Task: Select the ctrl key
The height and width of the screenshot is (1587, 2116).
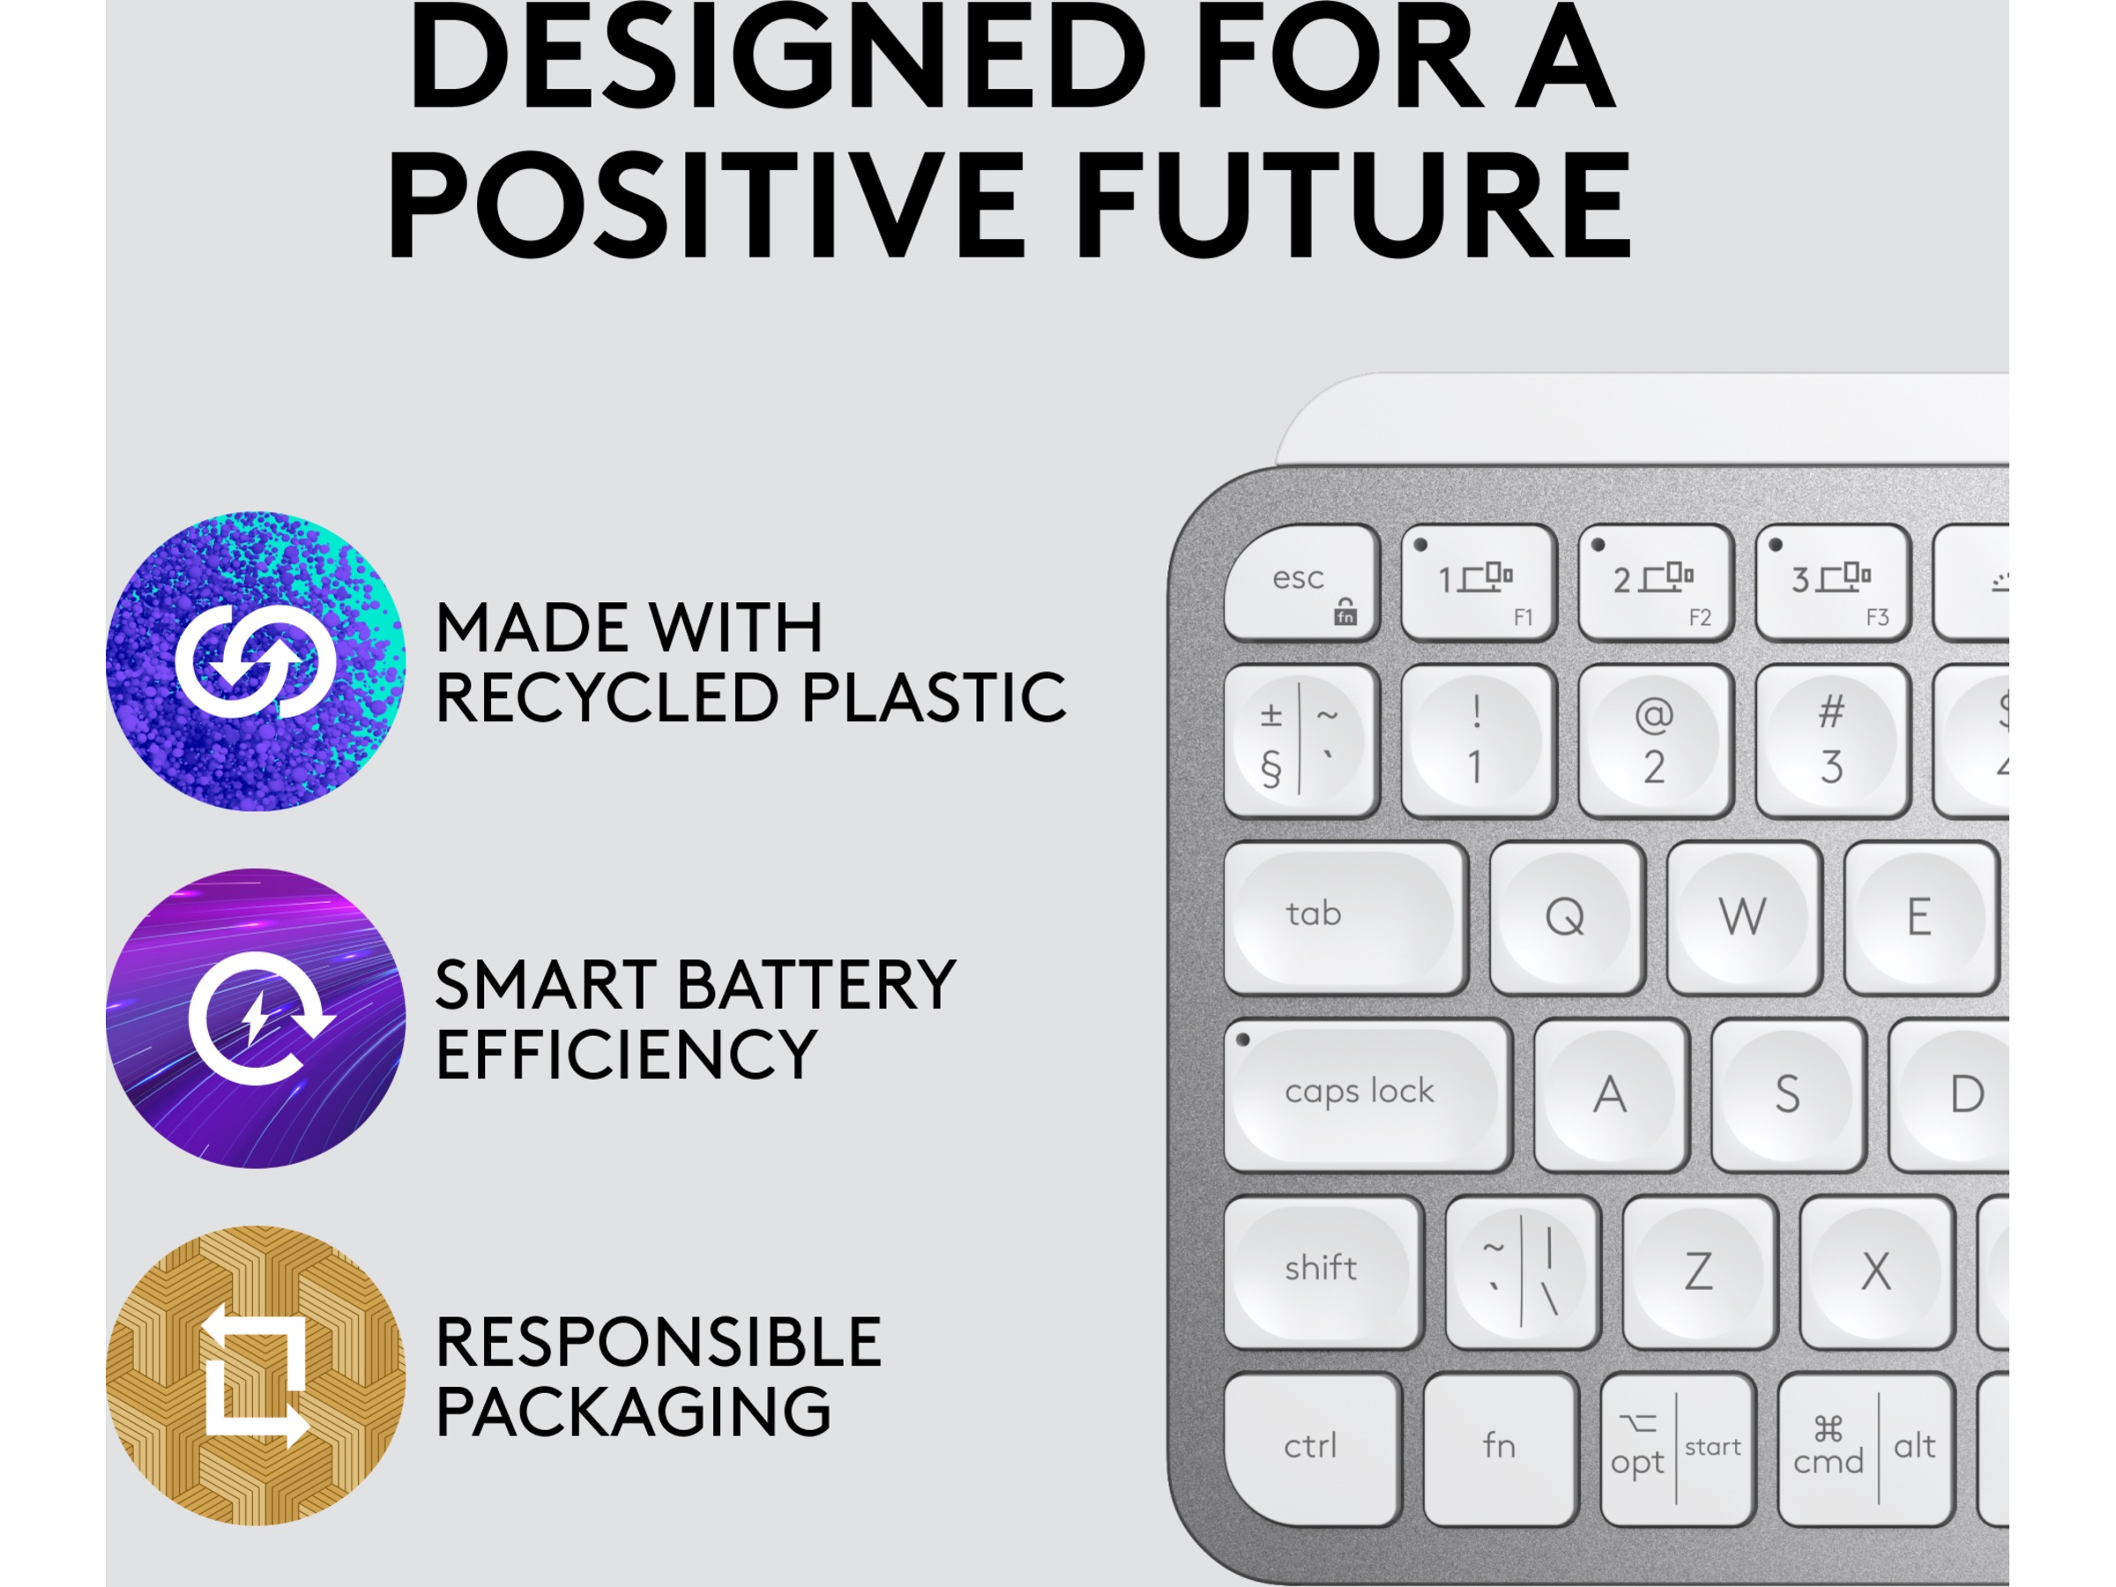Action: tap(1312, 1449)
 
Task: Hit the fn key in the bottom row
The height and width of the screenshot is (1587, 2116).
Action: tap(1500, 1449)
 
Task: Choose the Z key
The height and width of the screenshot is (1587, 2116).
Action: tap(1700, 1272)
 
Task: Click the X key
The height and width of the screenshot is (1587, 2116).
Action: tap(1877, 1272)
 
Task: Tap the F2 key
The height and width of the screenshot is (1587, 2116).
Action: tap(1655, 583)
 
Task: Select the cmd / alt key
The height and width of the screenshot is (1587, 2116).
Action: tap(1866, 1449)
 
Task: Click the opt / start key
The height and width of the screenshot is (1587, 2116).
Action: tap(1678, 1449)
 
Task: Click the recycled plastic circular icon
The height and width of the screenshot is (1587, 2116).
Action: tap(256, 661)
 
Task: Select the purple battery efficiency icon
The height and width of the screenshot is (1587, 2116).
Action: tap(256, 1017)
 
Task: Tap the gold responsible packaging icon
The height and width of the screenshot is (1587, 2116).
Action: tap(256, 1375)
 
